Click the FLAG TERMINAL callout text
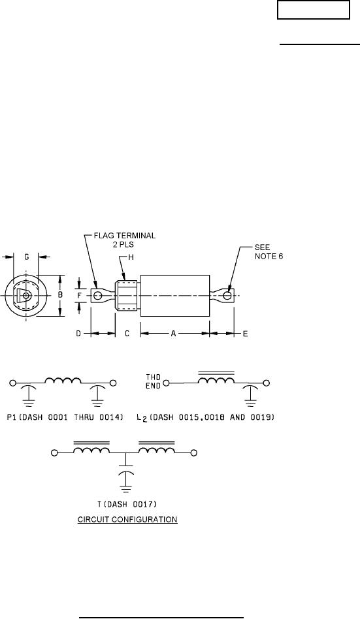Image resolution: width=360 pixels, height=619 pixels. coord(124,239)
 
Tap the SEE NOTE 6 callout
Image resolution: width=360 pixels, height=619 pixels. coord(269,252)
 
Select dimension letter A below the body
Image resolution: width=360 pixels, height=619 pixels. coord(173,334)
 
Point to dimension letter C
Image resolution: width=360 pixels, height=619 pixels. coord(127,334)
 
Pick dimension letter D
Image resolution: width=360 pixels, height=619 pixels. coord(78,334)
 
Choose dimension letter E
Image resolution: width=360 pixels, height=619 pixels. coord(245,334)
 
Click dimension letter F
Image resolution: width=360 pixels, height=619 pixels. coord(80,295)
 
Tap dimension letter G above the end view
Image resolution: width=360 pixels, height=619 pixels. coord(27,257)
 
